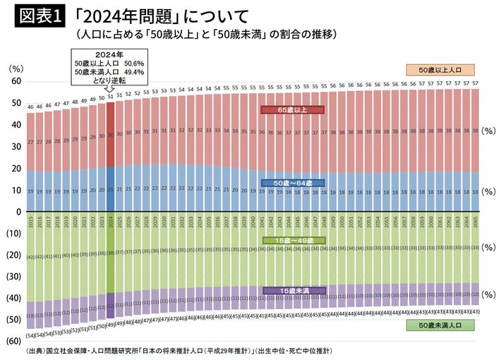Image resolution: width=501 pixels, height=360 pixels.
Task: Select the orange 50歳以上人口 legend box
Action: click(x=440, y=71)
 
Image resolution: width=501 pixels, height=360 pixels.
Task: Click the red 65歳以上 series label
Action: click(x=291, y=110)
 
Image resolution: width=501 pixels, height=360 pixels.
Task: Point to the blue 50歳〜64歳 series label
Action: click(x=291, y=182)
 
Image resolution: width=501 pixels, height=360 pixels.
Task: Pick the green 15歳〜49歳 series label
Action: click(x=291, y=240)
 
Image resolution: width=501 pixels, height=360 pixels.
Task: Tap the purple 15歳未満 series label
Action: click(x=291, y=290)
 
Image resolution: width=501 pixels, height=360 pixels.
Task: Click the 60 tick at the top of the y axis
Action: click(x=15, y=82)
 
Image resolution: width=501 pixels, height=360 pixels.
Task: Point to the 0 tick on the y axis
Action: click(x=18, y=212)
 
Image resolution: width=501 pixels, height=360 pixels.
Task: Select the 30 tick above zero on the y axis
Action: click(x=15, y=147)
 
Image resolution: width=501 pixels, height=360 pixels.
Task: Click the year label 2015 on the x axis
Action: click(x=30, y=222)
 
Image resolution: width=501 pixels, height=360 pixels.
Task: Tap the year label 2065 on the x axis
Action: click(x=476, y=222)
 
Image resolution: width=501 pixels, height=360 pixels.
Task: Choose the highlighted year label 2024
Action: click(x=110, y=222)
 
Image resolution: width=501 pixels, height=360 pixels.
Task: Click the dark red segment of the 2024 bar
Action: click(x=110, y=138)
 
